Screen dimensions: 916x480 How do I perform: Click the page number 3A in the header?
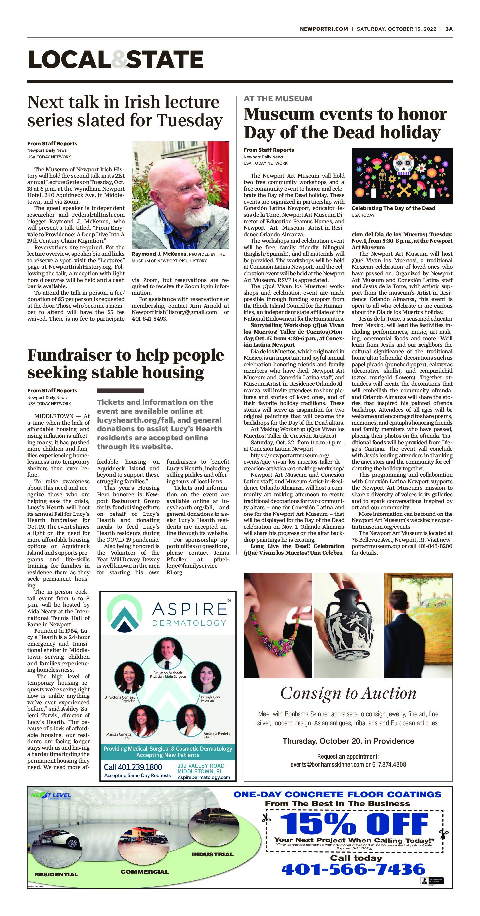[449, 29]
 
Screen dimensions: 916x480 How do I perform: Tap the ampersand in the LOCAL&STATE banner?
[118, 59]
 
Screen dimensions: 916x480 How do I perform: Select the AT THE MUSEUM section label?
[278, 98]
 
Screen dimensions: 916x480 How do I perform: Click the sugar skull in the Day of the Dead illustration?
[402, 164]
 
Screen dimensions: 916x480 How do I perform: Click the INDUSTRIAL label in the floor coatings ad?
[212, 854]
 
